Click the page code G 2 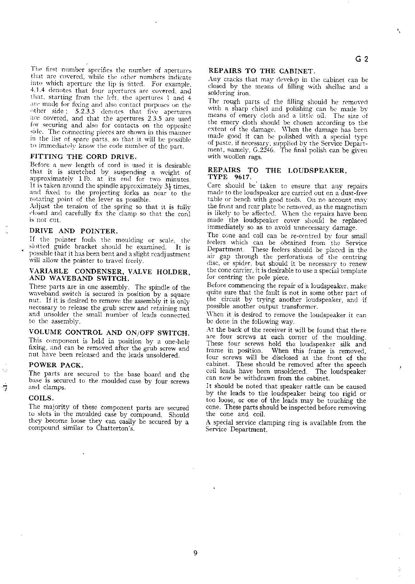362,59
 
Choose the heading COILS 41,398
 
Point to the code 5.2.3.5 86,112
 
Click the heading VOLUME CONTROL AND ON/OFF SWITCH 109,332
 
